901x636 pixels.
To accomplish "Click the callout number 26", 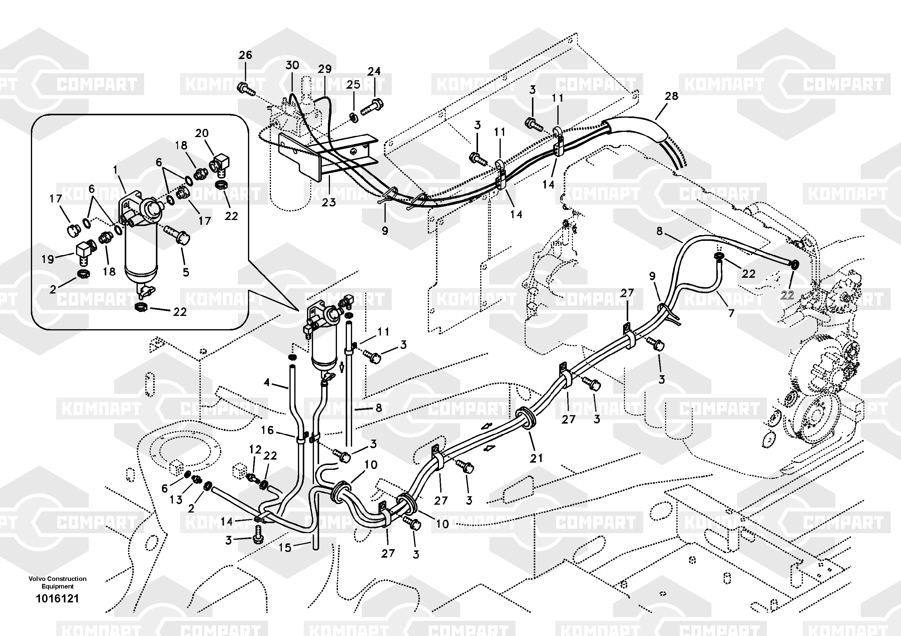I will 245,55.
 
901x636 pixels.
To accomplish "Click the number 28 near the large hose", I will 672,96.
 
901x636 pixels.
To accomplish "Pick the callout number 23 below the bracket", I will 329,202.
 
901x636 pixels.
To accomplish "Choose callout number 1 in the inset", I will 115,170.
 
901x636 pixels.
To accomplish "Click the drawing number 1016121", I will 57,599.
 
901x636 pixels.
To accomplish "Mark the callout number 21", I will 536,458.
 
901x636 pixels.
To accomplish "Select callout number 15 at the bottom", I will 285,548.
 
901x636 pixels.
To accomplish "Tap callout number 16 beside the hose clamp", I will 267,430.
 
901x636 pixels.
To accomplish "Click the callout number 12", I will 255,449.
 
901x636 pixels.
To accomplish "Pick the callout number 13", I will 176,500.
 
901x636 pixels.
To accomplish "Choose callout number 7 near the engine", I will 731,313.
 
